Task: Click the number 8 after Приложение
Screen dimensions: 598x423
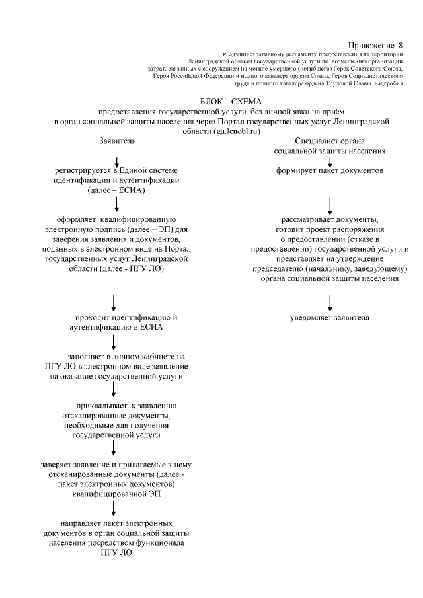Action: coord(400,41)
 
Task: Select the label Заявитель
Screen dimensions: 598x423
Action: coord(117,141)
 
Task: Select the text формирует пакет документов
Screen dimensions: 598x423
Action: coord(330,170)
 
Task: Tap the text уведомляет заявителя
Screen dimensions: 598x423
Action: coord(330,318)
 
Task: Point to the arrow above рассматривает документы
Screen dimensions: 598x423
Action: coord(330,203)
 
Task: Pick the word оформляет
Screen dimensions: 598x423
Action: coord(79,219)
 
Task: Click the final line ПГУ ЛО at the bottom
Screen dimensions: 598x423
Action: coord(116,552)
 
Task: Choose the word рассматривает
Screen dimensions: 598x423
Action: coord(307,219)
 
